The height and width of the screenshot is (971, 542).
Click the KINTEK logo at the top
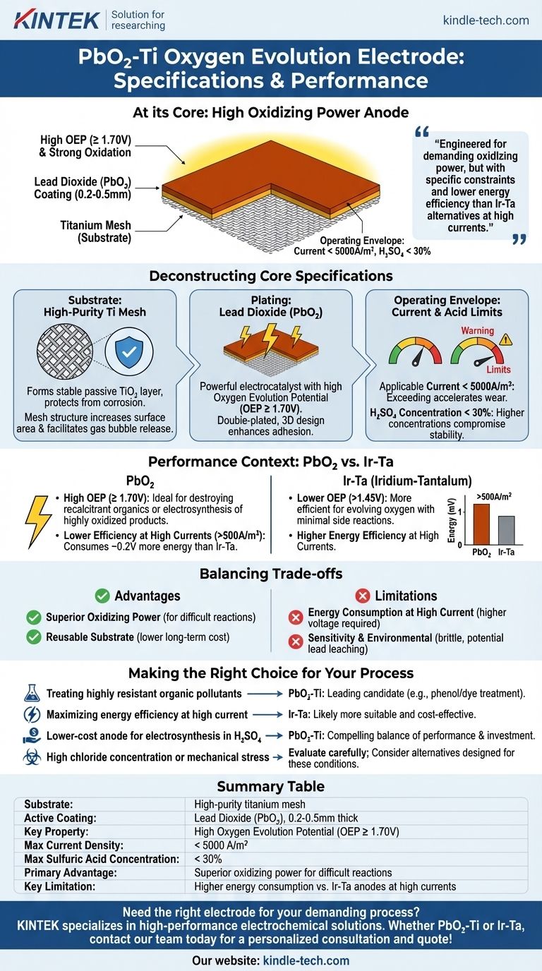[x=57, y=20]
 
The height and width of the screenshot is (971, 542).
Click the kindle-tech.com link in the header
[x=486, y=20]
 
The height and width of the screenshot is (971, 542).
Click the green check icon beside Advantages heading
[x=102, y=596]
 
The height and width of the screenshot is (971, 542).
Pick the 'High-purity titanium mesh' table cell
[x=250, y=804]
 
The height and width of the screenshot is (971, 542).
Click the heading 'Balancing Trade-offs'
[x=271, y=573]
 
